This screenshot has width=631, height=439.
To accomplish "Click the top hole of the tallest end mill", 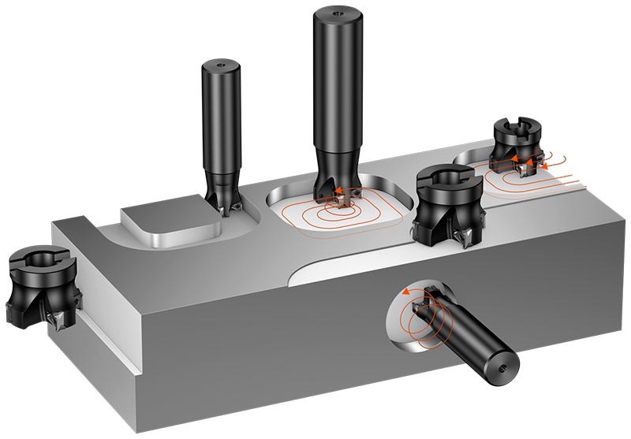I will point(338,13).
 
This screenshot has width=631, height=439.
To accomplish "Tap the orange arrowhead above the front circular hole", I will point(408,292).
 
